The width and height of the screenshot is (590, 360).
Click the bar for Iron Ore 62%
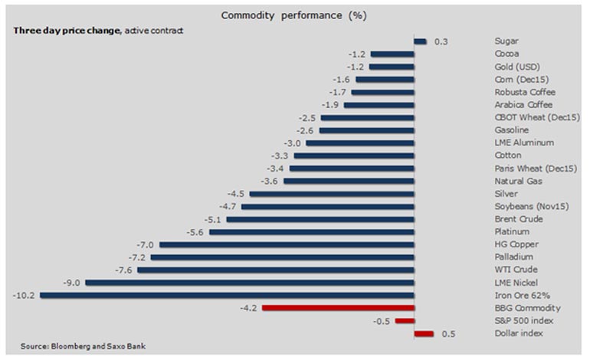(227, 295)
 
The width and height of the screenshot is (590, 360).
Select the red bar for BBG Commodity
(338, 308)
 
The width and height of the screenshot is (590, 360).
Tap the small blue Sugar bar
(420, 41)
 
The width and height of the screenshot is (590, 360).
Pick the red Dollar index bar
(424, 333)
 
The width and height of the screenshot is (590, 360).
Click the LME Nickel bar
(250, 283)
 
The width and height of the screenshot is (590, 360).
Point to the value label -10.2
(24, 295)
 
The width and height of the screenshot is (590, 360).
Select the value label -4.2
(249, 308)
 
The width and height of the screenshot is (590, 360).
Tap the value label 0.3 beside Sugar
(441, 41)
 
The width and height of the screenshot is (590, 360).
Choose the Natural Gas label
(518, 181)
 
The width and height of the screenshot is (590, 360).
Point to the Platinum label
(513, 231)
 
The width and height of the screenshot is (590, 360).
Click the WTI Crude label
(516, 270)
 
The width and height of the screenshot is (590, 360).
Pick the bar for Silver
(332, 194)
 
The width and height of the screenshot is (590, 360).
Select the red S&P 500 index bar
(405, 321)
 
